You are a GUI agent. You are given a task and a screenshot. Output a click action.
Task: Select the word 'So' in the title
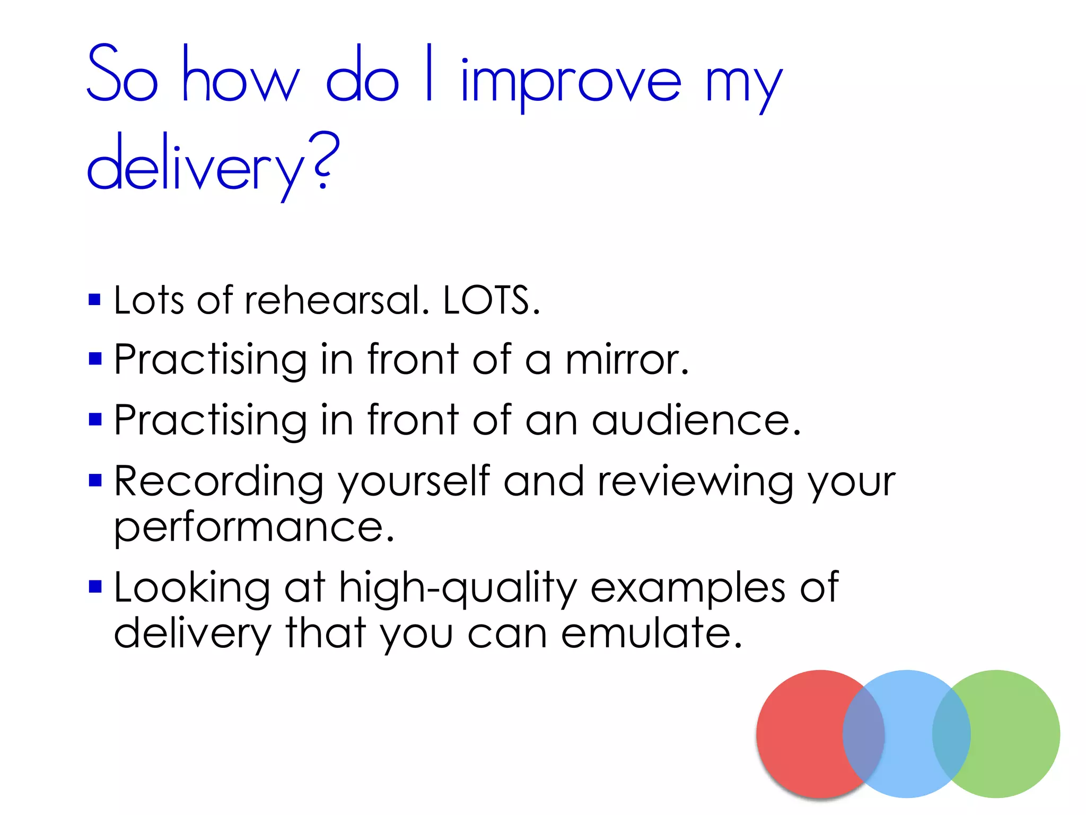click(122, 74)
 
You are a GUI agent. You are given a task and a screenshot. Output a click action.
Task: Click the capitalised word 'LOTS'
click(487, 300)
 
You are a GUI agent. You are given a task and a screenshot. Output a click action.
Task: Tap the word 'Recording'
click(218, 481)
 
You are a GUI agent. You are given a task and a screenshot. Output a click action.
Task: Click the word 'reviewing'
click(695, 481)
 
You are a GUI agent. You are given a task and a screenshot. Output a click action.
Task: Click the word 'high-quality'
click(458, 587)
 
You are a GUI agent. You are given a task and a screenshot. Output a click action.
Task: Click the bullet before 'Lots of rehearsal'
click(95, 300)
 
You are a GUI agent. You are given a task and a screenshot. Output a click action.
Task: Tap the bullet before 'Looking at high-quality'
click(95, 587)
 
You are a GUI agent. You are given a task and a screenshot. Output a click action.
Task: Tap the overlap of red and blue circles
click(864, 734)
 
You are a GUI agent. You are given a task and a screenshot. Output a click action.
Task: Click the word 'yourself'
click(414, 481)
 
